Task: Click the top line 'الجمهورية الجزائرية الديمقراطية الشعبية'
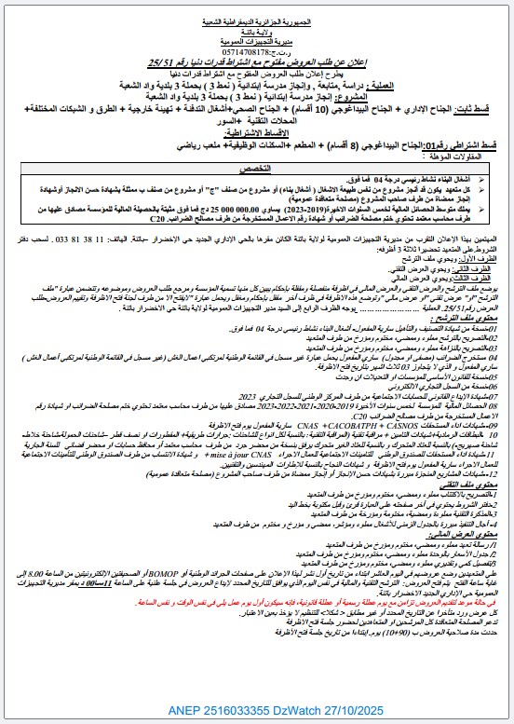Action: pyautogui.click(x=256, y=7)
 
